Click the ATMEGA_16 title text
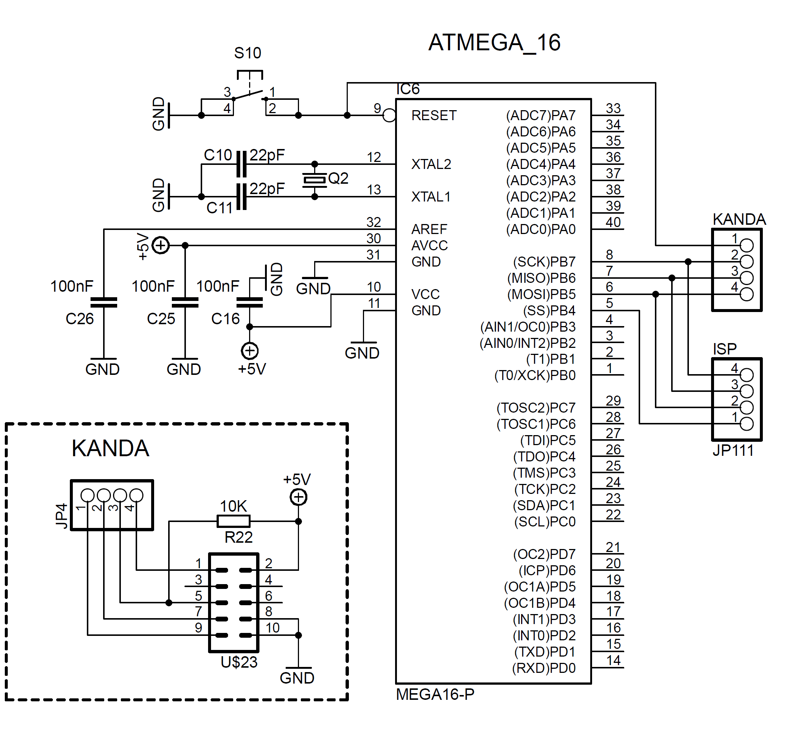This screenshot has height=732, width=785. tap(494, 43)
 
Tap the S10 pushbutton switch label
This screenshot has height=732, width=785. tap(248, 53)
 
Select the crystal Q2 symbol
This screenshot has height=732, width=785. tap(314, 180)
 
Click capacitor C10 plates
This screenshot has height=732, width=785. tap(241, 164)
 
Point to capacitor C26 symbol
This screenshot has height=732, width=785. tap(104, 302)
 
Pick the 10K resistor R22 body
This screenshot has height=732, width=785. tap(234, 521)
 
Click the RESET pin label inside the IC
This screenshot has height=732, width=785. tap(434, 116)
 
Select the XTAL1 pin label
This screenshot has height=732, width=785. tap(431, 197)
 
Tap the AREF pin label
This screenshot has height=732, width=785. tap(429, 229)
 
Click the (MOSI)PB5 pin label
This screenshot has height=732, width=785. tap(541, 294)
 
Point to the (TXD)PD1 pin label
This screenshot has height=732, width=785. tap(544, 651)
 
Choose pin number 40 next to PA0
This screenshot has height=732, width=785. tap(613, 223)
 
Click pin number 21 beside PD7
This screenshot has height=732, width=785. tap(613, 547)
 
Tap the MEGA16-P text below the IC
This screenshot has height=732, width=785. tap(435, 694)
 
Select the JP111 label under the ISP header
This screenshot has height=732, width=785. tap(733, 450)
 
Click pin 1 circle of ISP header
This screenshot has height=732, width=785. tap(746, 424)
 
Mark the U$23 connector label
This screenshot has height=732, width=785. tap(239, 662)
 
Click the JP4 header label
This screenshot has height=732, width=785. tap(62, 515)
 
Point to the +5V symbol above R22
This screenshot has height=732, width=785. tap(298, 497)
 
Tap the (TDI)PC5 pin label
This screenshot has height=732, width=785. tap(548, 440)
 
